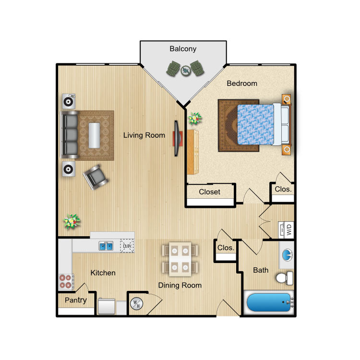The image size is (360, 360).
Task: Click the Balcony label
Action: pyautogui.click(x=183, y=48)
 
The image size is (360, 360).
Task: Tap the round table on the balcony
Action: pyautogui.click(x=185, y=71)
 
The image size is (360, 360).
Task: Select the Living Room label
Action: pyautogui.click(x=144, y=135)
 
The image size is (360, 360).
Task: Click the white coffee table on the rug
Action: pyautogui.click(x=94, y=135)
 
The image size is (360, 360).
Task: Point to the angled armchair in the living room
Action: pyautogui.click(x=96, y=177)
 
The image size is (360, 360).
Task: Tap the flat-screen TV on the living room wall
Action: pyautogui.click(x=177, y=138)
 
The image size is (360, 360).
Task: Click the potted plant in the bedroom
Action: pyautogui.click(x=195, y=119)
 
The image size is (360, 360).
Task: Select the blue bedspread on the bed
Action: pyautogui.click(x=255, y=125)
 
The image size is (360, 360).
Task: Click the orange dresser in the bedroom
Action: pyautogui.click(x=192, y=152)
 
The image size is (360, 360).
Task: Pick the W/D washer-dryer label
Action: pyautogui.click(x=289, y=229)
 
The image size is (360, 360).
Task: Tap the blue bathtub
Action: pyautogui.click(x=269, y=302)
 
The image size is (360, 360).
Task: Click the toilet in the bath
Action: pyautogui.click(x=285, y=278)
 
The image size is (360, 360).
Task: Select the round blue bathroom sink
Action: pyautogui.click(x=287, y=255)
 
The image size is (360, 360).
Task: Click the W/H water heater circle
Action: pyautogui.click(x=137, y=303)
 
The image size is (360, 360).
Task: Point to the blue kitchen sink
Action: pyautogui.click(x=106, y=246)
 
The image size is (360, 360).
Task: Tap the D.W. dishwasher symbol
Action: pyautogui.click(x=127, y=246)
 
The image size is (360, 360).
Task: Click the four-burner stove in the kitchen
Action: pyautogui.click(x=66, y=281)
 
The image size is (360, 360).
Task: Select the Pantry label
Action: pyautogui.click(x=75, y=300)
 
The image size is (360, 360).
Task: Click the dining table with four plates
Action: pyautogui.click(x=180, y=259)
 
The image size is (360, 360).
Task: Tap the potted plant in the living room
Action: pyautogui.click(x=72, y=221)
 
